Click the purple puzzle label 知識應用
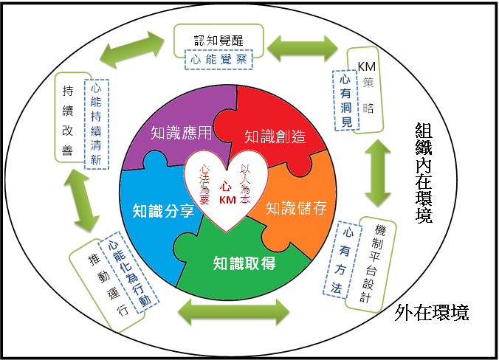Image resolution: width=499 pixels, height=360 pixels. tap(181, 133)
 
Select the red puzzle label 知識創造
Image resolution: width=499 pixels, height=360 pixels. tap(275, 136)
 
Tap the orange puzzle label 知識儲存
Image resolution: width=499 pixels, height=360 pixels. tap(296, 208)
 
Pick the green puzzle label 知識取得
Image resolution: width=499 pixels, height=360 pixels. tap(244, 263)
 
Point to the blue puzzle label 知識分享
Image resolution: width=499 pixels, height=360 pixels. tap(163, 211)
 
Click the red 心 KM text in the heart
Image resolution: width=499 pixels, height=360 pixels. tap(227, 193)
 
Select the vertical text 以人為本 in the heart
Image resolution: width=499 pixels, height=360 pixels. tap(245, 184)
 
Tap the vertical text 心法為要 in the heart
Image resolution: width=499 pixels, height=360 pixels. tap(204, 184)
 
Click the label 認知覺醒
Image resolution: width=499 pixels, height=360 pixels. tap(219, 41)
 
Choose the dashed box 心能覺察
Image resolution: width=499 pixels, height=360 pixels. tap(218, 60)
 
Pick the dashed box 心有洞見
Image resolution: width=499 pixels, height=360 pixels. tap(345, 100)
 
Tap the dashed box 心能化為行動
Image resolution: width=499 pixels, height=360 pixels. tap(129, 273)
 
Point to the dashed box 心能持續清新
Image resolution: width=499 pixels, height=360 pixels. tap(97, 125)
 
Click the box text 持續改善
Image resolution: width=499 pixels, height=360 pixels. tap(68, 120)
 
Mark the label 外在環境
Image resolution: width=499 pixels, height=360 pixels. tap(432, 313)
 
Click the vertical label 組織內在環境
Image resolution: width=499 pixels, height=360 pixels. tap(424, 173)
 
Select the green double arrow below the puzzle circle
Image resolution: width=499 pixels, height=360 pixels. tap(234, 311)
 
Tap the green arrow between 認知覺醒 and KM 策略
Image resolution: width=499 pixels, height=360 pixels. tap(303, 49)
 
